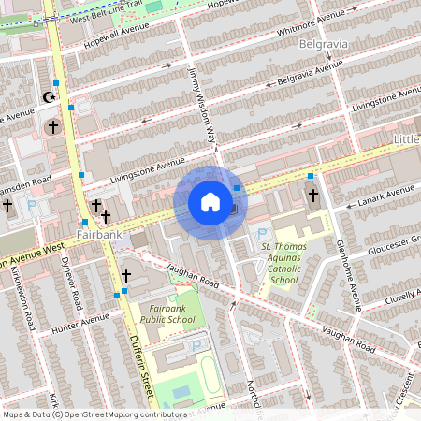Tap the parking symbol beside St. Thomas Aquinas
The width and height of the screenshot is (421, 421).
coord(262,233)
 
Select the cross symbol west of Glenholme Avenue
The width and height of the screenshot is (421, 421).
coord(313,196)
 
